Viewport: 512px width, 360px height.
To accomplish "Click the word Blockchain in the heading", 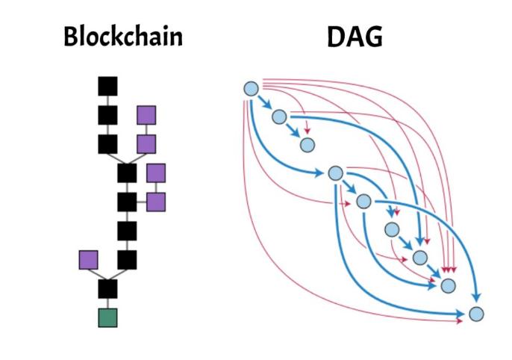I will point(122,37).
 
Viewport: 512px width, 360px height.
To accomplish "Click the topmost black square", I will point(108,87).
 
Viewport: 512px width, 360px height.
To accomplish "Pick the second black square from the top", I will point(108,116).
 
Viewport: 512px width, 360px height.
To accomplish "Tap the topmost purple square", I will point(146,115).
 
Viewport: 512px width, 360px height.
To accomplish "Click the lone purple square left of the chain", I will point(89,260).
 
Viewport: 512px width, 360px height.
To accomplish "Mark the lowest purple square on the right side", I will point(156,202).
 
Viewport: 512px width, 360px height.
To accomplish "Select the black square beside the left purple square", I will point(127,260).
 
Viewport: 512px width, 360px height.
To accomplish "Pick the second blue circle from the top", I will point(279,117).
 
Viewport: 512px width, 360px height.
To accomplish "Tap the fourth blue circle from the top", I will point(335,173).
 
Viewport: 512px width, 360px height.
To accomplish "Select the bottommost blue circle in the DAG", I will point(475,314).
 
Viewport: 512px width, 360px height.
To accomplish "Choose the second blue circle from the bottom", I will point(448,285).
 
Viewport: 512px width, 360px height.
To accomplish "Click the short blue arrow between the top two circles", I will point(265,103).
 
